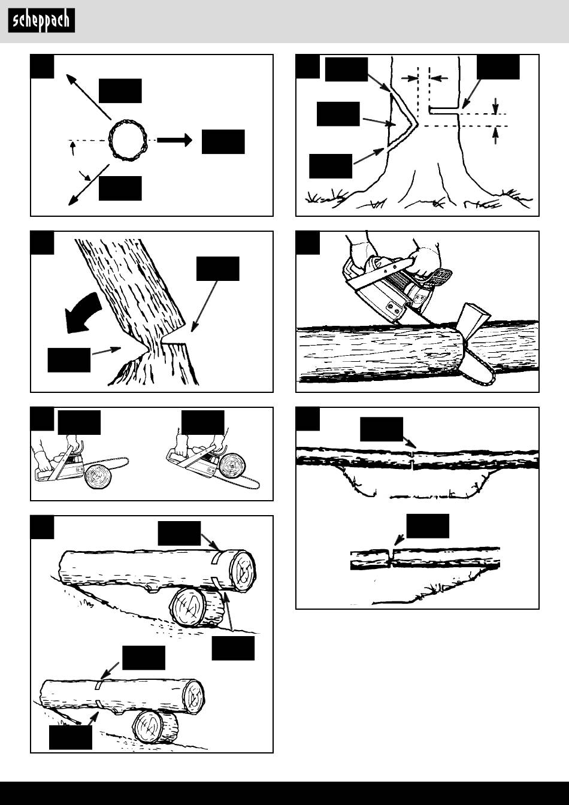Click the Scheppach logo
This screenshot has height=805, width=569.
pos(42,20)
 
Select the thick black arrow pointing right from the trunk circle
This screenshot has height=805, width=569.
pos(174,140)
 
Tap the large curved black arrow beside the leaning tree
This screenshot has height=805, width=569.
pos(83,313)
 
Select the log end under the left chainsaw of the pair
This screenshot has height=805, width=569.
pos(98,478)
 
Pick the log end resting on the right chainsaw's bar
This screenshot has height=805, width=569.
pos(231,467)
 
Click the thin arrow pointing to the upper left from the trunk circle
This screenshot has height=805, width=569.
pos(89,96)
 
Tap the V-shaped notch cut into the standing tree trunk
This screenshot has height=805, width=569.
pos(402,122)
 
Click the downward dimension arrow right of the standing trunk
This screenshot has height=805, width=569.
pos(496,105)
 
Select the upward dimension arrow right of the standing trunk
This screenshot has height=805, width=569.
pos(496,136)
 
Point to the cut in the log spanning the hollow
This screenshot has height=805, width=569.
pos(413,459)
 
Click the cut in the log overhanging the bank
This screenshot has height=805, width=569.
pos(391,558)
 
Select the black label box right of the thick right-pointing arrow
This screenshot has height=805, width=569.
pos(223,141)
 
